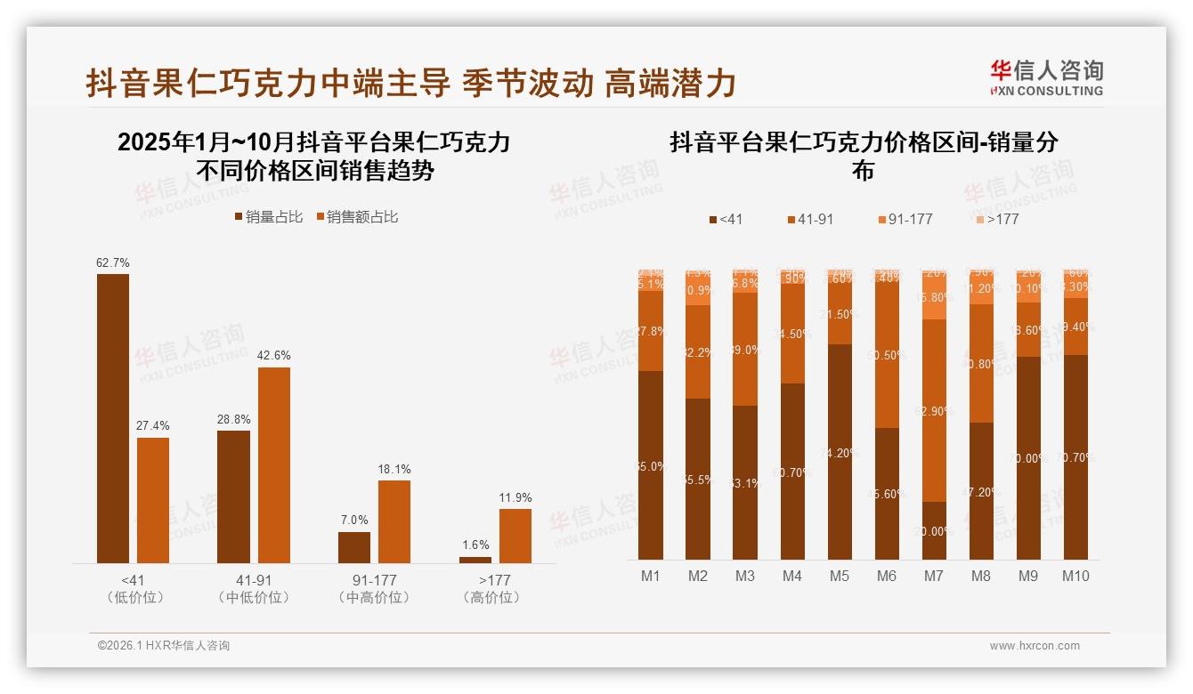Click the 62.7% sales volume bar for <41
pos(113,418)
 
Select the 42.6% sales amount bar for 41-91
pos(274,464)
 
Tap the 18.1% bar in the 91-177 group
pos(394,521)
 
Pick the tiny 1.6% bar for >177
pos(475,560)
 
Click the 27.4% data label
pos(153,426)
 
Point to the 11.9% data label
pos(515,497)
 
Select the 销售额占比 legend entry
pos(356,217)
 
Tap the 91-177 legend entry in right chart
pos(905,219)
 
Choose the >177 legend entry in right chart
pos(996,219)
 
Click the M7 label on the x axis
pos(933,576)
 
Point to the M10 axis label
pos(1075,576)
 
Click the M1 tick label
pos(651,576)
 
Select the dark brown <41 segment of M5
pos(840,451)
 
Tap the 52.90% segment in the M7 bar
pos(934,410)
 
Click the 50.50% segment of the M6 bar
pos(887,355)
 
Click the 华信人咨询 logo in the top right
pos(1046,77)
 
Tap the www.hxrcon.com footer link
pos(1035,646)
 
